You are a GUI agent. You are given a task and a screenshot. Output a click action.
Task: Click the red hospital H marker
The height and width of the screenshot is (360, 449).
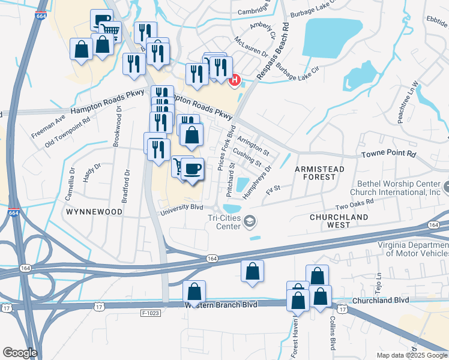pyautogui.click(x=235, y=80)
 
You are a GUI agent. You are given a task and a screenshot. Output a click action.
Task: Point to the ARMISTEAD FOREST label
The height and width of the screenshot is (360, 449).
pyautogui.click(x=320, y=173)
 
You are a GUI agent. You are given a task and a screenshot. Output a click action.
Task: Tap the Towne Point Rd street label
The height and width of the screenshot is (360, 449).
pyautogui.click(x=388, y=155)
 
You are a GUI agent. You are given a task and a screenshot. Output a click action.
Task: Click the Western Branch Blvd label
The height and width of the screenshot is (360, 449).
pyautogui.click(x=223, y=305)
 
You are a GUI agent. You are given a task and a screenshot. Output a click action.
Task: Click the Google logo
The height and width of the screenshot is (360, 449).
pyautogui.click(x=20, y=353)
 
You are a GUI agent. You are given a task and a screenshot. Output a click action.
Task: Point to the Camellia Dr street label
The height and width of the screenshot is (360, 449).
pyautogui.click(x=72, y=178)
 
